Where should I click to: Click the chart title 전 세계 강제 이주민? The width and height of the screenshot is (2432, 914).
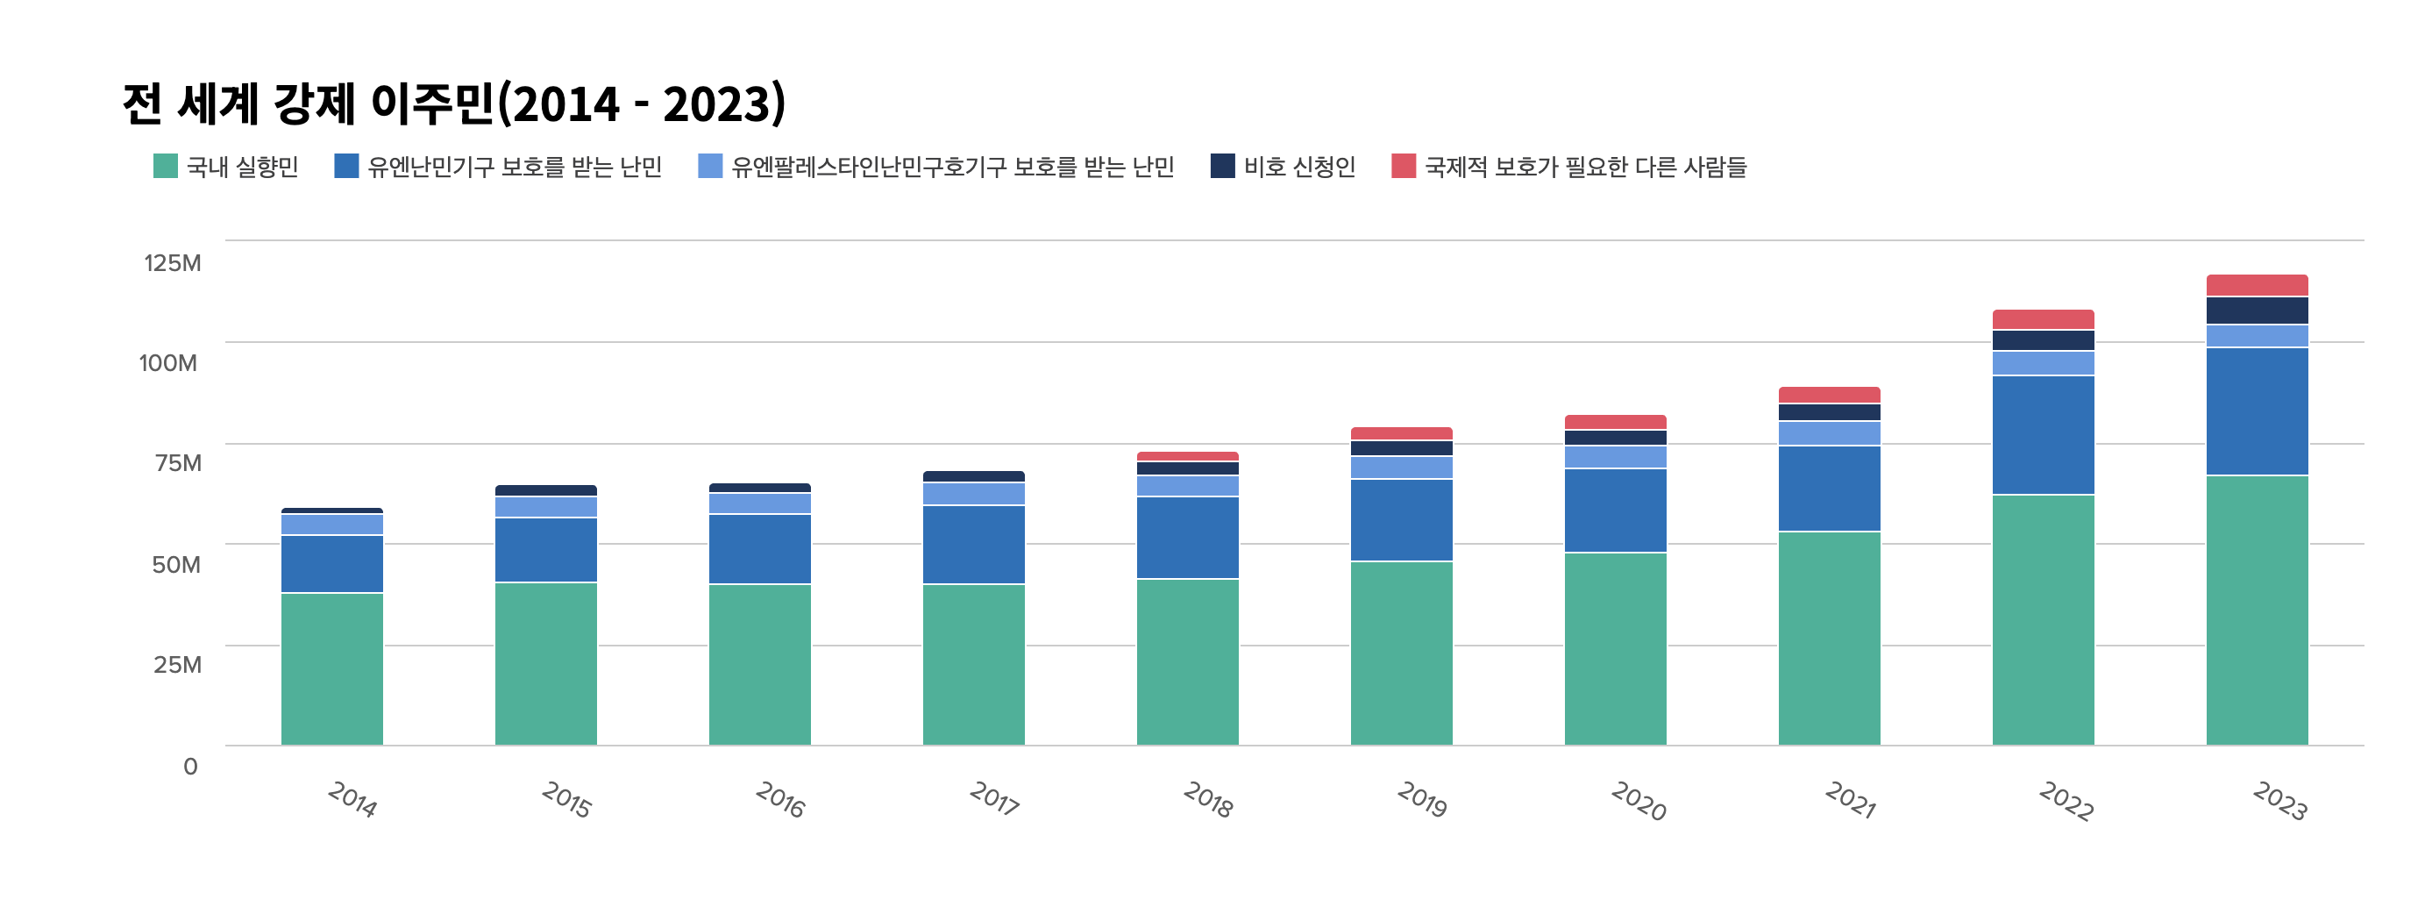pyautogui.click(x=309, y=103)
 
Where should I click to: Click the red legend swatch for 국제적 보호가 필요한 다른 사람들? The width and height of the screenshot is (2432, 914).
pyautogui.click(x=1403, y=165)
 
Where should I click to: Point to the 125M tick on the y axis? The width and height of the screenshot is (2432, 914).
pyautogui.click(x=172, y=262)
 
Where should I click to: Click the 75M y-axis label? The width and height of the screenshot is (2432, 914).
pyautogui.click(x=179, y=462)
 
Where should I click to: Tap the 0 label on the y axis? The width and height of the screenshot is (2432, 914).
pyautogui.click(x=191, y=766)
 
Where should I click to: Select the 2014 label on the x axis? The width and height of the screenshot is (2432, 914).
pyautogui.click(x=352, y=799)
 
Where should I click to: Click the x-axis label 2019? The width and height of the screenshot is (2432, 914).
pyautogui.click(x=1422, y=799)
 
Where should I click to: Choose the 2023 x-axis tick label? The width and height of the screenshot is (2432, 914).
pyautogui.click(x=2280, y=801)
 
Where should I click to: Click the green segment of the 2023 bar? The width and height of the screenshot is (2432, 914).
pyautogui.click(x=2258, y=610)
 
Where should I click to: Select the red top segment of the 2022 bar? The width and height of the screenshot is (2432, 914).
pyautogui.click(x=2043, y=319)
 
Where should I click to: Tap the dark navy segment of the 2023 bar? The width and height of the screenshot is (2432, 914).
pyautogui.click(x=2258, y=311)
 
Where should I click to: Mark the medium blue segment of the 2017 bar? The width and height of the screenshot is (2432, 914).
pyautogui.click(x=973, y=545)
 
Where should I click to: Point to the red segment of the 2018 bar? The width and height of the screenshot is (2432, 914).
pyautogui.click(x=1188, y=456)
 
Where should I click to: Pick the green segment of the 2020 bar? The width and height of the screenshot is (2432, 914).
pyautogui.click(x=1616, y=649)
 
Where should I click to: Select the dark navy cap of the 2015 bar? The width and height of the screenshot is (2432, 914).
pyautogui.click(x=545, y=490)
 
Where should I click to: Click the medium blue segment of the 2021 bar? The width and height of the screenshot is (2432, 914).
pyautogui.click(x=1830, y=489)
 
